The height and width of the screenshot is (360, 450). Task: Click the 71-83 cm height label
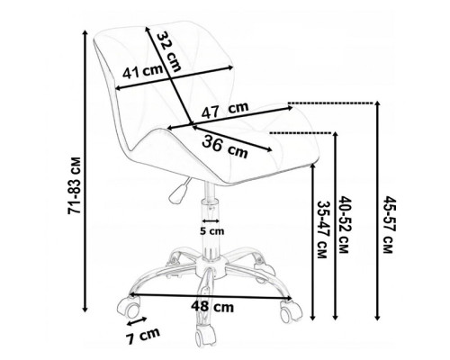pos(75,185)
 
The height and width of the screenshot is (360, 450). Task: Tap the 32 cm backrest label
pos(168,51)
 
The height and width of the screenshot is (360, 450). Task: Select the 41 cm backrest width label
pos(142,72)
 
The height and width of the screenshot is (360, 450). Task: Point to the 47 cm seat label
pos(225,110)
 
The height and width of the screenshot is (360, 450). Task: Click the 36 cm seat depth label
pos(225,147)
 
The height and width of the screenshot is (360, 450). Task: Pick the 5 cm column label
pos(212,231)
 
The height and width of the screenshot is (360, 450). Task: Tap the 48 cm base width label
pos(212,307)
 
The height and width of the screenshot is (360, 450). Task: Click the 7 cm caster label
pos(143,336)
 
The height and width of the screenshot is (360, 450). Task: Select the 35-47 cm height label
pos(321,229)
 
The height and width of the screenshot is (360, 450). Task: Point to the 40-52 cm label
pos(344,225)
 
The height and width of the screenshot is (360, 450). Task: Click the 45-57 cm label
pos(389,225)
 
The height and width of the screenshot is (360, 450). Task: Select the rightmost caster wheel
pos(290,310)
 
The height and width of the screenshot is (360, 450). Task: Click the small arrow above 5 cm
pos(211,221)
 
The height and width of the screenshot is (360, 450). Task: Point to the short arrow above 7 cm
pos(137,321)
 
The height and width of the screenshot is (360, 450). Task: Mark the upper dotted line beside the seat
pos(330,103)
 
